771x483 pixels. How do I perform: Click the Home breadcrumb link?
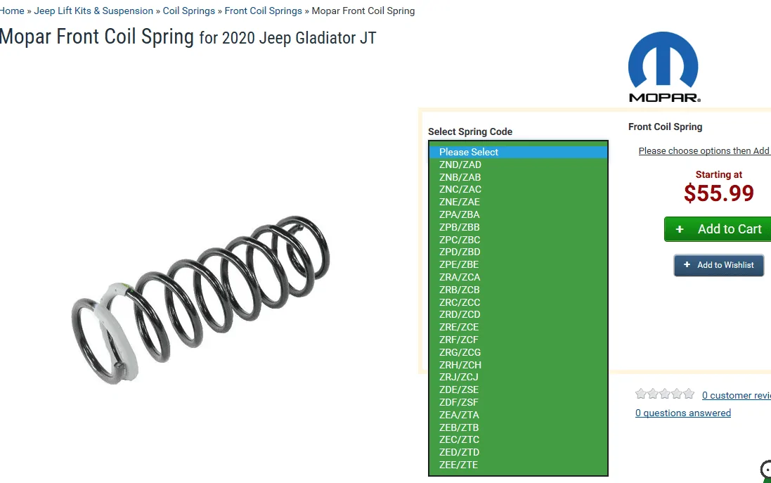click(x=12, y=11)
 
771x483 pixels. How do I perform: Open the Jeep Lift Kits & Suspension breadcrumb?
click(x=93, y=11)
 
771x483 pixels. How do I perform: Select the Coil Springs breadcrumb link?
click(x=189, y=11)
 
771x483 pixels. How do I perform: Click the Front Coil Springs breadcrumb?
click(x=263, y=11)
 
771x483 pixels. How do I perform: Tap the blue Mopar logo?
click(x=663, y=67)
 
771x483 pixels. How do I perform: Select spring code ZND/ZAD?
click(x=460, y=165)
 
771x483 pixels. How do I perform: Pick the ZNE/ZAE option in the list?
click(x=459, y=202)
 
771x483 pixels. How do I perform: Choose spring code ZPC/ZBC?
click(x=459, y=240)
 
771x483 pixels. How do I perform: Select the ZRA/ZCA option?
click(x=459, y=278)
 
